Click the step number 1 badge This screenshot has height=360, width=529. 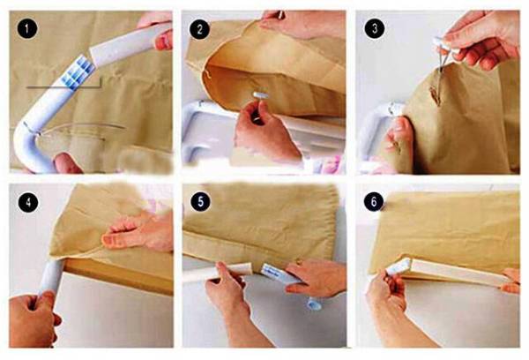(x=26, y=28)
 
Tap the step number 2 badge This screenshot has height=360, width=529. (x=199, y=29)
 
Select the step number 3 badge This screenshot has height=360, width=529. (x=374, y=28)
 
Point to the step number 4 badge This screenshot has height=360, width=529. (x=27, y=202)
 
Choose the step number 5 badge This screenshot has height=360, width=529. (x=200, y=202)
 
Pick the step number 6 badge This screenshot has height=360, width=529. (x=374, y=201)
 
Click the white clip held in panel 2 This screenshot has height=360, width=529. (x=261, y=95)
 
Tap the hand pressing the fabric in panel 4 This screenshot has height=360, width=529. (x=138, y=231)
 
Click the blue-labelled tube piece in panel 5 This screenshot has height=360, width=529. (x=279, y=274)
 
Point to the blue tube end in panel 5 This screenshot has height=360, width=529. (x=314, y=304)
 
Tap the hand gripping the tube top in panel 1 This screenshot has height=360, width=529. (x=157, y=30)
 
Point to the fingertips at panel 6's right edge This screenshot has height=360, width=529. (x=510, y=281)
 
